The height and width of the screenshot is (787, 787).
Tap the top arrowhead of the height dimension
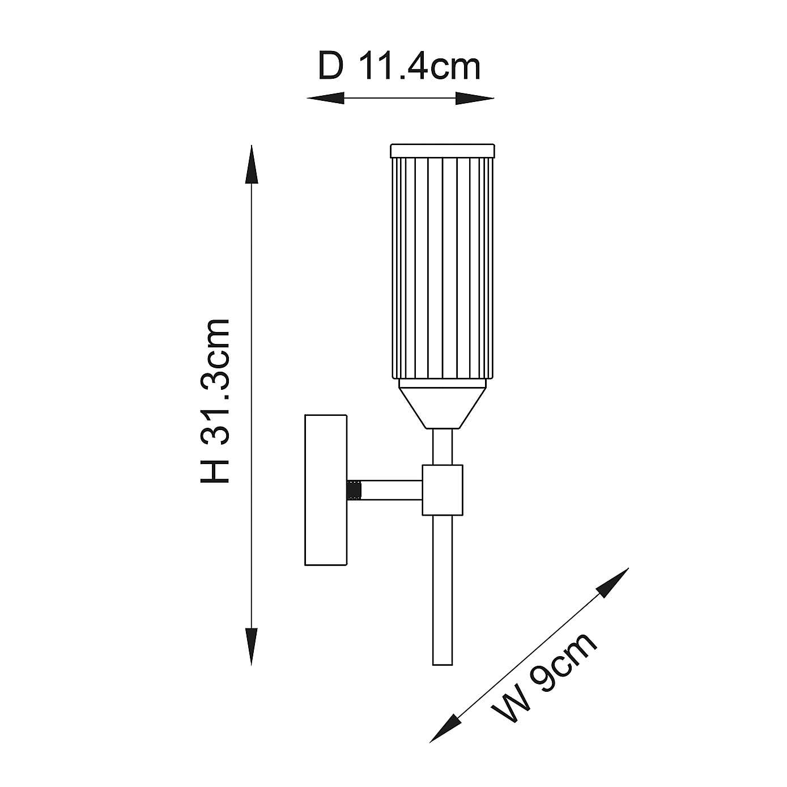tap(251, 164)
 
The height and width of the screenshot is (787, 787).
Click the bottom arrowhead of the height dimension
tap(251, 646)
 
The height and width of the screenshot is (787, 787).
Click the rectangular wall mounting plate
tap(326, 490)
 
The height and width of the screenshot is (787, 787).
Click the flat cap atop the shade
tap(443, 151)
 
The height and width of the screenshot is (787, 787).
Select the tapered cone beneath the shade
tap(443, 403)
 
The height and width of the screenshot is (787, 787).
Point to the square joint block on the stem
tap(443, 490)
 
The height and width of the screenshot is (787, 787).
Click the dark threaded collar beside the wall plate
tap(355, 490)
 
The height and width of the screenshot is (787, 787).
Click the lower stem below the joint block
tap(443, 589)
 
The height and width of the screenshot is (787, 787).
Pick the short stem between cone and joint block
tap(443, 446)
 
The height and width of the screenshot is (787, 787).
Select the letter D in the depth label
tap(331, 67)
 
